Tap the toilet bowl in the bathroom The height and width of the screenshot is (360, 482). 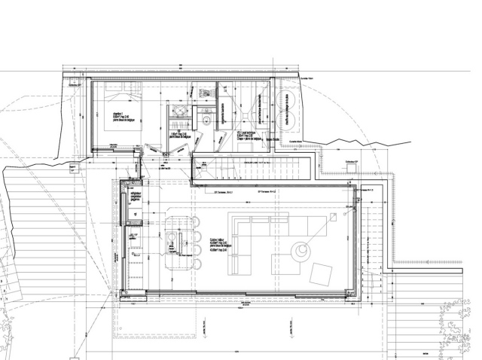206,118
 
